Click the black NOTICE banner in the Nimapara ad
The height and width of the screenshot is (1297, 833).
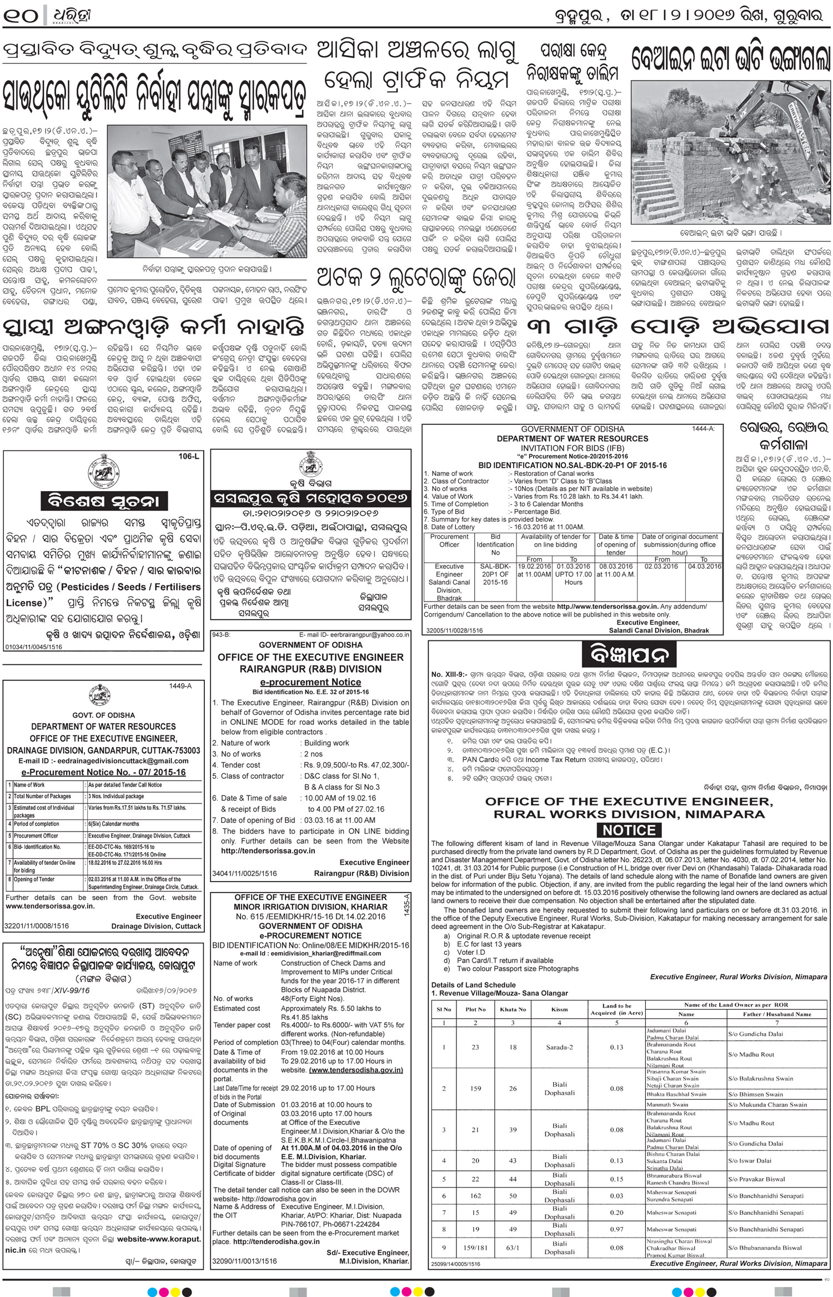tap(629, 830)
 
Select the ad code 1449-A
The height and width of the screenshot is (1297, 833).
tap(180, 686)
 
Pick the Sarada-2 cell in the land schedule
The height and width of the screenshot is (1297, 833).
tap(559, 1047)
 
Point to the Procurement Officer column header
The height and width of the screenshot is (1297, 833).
tap(449, 540)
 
